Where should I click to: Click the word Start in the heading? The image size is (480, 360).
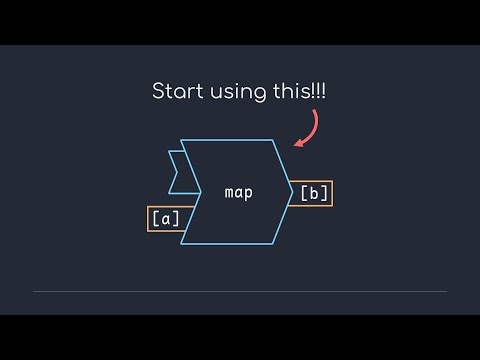point(176,92)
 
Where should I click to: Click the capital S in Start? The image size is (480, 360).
point(158,92)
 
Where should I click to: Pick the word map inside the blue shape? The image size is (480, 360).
point(238,192)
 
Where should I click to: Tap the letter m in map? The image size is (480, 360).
point(229,192)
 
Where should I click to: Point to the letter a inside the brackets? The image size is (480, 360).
point(165,218)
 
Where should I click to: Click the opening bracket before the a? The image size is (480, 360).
point(154,218)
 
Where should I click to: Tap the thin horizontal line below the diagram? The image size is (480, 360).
point(240,291)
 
